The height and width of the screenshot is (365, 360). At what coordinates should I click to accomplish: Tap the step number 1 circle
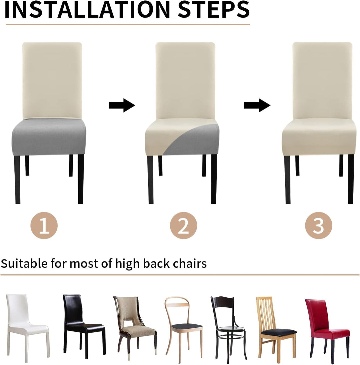pos(44,225)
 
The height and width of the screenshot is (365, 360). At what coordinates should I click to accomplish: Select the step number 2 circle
pos(183,225)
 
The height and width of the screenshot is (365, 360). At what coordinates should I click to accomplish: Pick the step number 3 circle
pos(319,225)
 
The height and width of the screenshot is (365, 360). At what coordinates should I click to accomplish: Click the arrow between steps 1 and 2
pos(122,105)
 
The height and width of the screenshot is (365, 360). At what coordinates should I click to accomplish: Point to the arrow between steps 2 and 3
pos(257,105)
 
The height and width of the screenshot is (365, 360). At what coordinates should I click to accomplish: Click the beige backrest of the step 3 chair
pos(322,80)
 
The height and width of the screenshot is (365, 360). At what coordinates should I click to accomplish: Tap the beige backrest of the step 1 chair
pos(52,80)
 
